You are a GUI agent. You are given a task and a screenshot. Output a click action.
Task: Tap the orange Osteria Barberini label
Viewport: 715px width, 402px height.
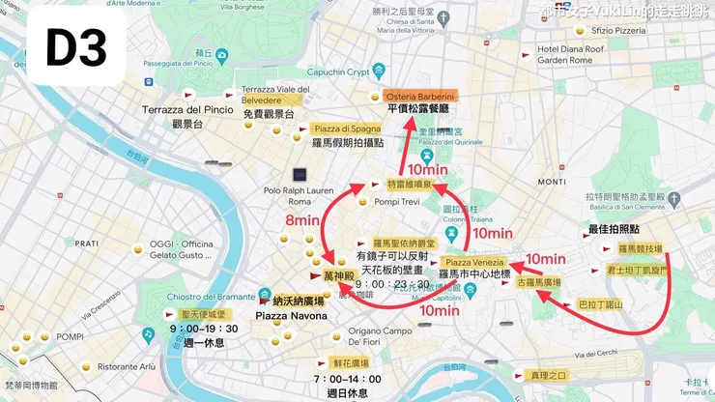click(420, 97)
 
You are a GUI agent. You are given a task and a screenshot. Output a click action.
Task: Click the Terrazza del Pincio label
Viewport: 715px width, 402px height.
click(187, 110)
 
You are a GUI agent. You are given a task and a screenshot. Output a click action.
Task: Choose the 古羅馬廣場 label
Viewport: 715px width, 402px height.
click(539, 282)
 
